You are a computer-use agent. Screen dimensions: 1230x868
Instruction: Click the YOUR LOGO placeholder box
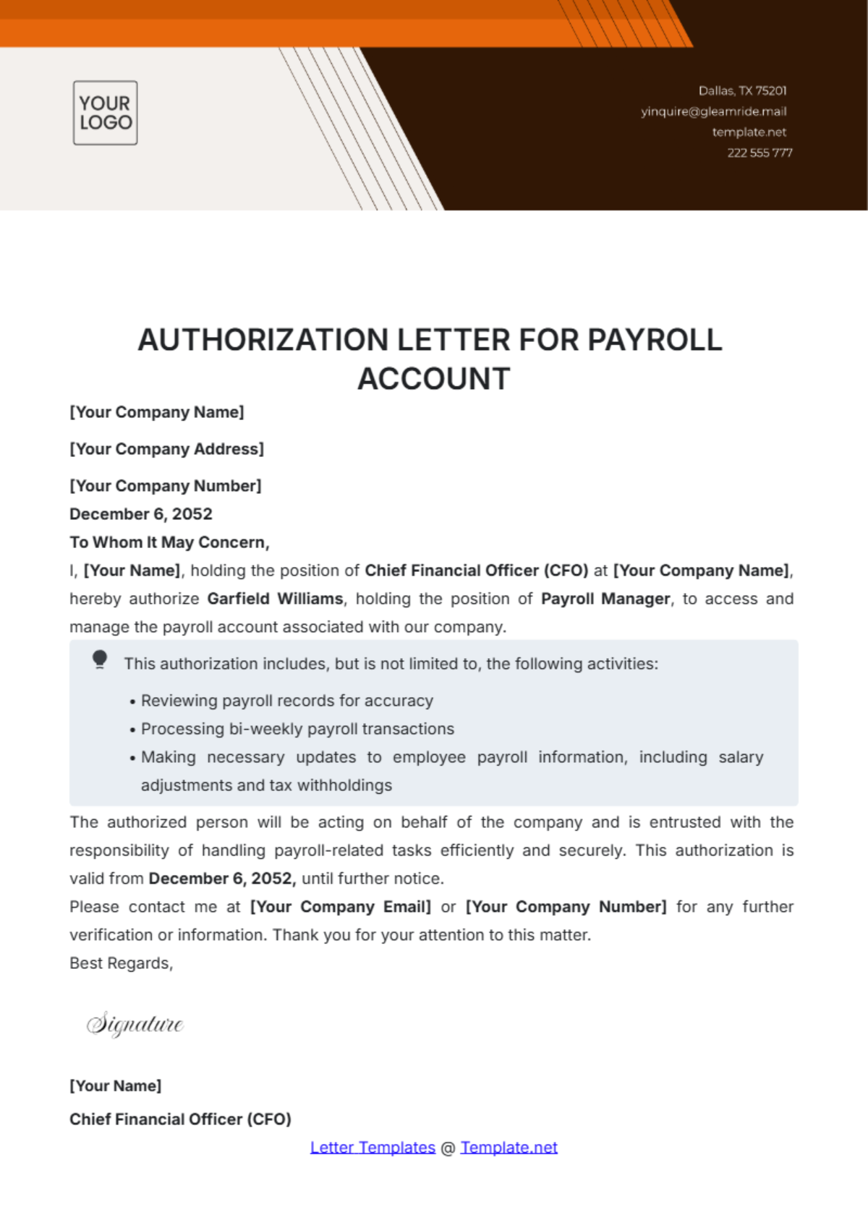coord(105,113)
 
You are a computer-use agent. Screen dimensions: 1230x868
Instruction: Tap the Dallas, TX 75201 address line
coord(742,90)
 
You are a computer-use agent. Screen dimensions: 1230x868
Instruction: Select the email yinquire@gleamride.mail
coord(713,111)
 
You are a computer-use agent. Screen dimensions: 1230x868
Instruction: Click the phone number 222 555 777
coord(759,153)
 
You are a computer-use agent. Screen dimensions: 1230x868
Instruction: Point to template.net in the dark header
coord(749,132)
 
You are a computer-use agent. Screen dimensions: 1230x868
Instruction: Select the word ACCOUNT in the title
coord(434,379)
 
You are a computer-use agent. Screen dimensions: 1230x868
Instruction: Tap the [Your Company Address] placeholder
coord(166,449)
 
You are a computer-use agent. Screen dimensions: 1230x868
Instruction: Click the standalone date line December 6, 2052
coord(141,514)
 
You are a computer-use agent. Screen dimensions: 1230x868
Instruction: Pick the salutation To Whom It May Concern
coord(169,542)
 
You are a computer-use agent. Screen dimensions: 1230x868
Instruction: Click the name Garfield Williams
coord(275,599)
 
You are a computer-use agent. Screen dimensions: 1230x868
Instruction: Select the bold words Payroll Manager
coord(605,599)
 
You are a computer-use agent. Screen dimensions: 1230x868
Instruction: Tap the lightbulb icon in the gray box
coord(100,659)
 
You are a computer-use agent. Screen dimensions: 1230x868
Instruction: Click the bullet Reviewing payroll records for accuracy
coord(286,701)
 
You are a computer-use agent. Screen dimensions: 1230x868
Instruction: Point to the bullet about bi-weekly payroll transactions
coord(297,729)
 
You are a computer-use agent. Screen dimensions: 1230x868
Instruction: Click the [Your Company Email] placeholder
coord(340,907)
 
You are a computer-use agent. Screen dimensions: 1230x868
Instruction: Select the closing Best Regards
coord(121,963)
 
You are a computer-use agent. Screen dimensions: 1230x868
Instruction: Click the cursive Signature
coord(135,1024)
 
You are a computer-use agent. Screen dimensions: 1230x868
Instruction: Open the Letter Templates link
coord(373,1148)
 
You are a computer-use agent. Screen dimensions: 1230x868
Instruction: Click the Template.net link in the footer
coord(509,1148)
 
